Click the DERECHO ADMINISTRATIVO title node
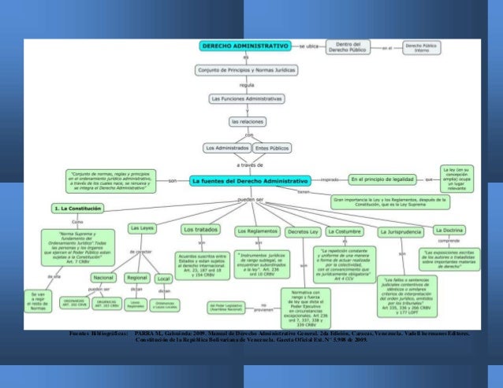point(245,47)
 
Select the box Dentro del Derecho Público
point(348,47)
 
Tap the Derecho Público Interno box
point(422,47)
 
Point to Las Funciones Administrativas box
point(245,99)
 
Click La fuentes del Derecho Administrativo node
point(250,180)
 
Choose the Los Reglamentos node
point(256,231)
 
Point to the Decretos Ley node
point(303,231)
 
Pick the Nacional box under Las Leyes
point(103,278)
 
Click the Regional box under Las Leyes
point(138,278)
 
